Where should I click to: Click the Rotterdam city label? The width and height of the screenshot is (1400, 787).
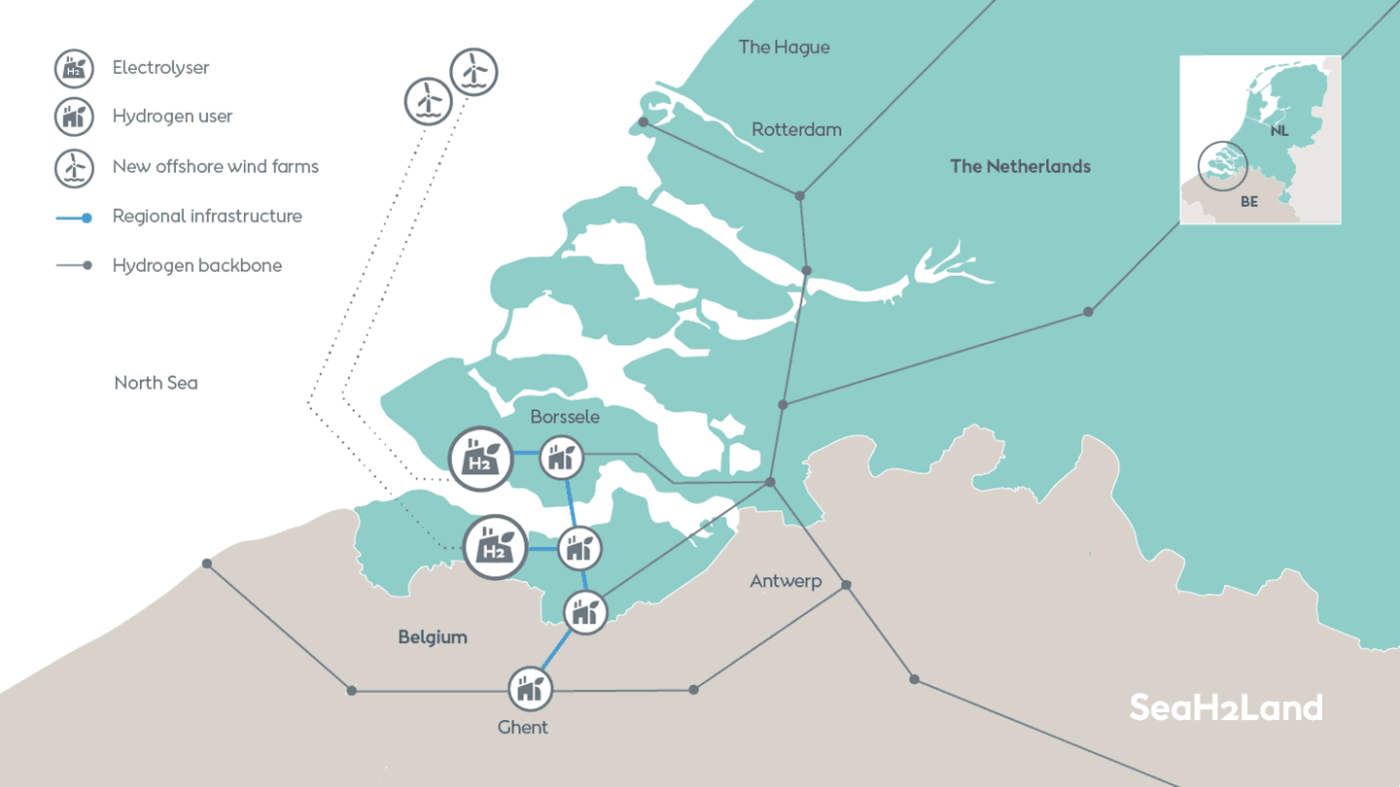click(x=796, y=130)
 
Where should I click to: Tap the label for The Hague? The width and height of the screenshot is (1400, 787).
click(x=784, y=48)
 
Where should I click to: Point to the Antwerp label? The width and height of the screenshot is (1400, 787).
click(x=786, y=581)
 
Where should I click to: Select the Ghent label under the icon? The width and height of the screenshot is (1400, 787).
click(x=522, y=727)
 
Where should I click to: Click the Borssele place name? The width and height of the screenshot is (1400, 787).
click(x=565, y=417)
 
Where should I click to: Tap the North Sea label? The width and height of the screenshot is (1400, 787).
click(x=156, y=383)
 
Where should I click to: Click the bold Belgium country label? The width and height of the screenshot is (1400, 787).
click(x=433, y=637)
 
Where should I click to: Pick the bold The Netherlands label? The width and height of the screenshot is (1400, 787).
click(x=1020, y=167)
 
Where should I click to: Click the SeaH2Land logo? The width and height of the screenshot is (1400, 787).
click(x=1226, y=707)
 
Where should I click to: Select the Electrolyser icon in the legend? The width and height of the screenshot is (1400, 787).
click(x=74, y=68)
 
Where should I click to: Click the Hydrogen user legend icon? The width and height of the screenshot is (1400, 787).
click(x=74, y=117)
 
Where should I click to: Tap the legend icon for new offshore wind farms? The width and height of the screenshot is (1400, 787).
click(x=74, y=168)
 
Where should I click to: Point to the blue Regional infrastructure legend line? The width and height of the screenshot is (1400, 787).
click(x=74, y=218)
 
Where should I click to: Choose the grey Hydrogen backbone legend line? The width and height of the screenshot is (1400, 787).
click(x=74, y=265)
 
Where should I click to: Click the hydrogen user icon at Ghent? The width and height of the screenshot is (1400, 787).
click(x=530, y=689)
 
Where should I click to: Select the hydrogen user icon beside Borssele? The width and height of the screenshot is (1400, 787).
click(x=561, y=458)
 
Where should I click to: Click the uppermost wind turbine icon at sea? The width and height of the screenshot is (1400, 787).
click(x=473, y=72)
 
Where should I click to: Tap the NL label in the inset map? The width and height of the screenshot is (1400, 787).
click(x=1279, y=130)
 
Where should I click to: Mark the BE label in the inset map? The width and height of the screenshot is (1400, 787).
click(x=1249, y=202)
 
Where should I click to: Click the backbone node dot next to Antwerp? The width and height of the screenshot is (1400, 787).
click(x=846, y=585)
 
